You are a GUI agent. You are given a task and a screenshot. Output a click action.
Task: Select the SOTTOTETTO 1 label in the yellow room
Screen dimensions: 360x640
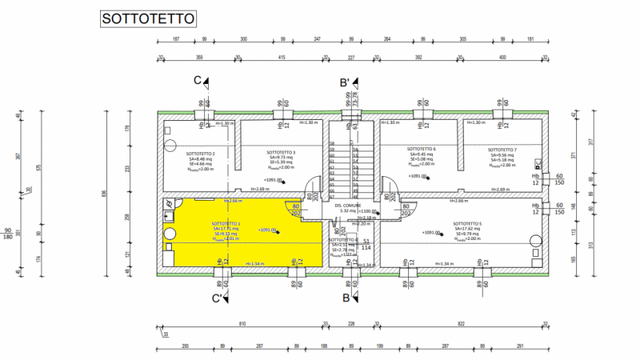pos(226,223)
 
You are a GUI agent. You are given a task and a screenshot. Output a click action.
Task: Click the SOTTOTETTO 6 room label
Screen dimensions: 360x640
pos(421,150)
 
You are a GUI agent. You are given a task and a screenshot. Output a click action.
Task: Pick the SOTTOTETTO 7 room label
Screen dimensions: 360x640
pos(502,150)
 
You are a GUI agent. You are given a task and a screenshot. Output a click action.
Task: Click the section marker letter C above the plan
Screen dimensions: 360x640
pos(198,81)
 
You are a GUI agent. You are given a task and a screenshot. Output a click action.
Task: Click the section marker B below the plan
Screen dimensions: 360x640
pos(346,298)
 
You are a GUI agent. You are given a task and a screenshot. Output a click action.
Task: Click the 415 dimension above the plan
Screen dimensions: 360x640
pos(282,57)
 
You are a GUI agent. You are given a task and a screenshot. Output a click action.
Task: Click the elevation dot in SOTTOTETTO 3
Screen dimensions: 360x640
pos(279,181)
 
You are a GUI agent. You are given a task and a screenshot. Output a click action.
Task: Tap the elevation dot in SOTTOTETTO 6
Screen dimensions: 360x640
pos(429,178)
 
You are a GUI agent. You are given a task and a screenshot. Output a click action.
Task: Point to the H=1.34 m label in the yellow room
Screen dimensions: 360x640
pos(254,263)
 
